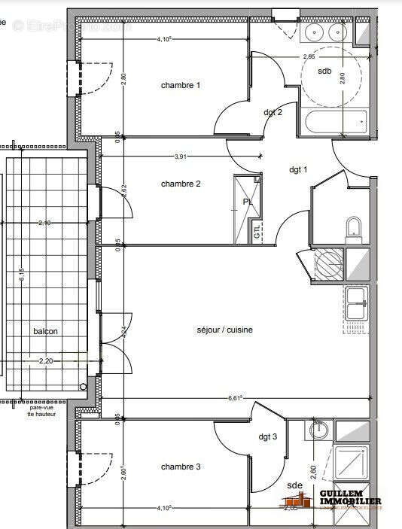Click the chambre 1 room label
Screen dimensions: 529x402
[181, 85]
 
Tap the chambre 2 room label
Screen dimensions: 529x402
[181, 184]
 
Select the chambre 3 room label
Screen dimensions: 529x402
[181, 467]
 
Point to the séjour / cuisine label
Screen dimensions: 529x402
[224, 330]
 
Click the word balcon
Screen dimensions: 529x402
[45, 331]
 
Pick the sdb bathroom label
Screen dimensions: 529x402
[324, 71]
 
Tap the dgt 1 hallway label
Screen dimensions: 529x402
[299, 169]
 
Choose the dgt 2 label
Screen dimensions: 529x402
[273, 112]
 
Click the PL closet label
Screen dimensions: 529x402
[248, 202]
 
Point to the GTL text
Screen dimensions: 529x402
[257, 230]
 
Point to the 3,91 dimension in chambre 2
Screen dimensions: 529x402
[181, 157]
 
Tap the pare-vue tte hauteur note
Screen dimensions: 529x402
[41, 411]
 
